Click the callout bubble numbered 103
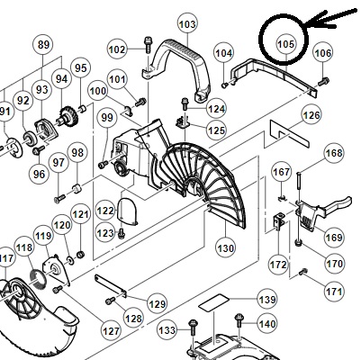coord(187,24)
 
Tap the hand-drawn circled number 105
coord(284,40)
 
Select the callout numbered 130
coord(225,248)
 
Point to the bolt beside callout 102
coord(149,45)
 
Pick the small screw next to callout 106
coord(323,81)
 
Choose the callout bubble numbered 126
coord(311,115)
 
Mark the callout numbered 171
coord(334,292)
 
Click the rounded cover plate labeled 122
coord(129,211)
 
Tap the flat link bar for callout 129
coord(111,286)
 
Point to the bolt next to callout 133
coord(193,328)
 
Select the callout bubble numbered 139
coord(267,300)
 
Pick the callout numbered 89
coord(43,45)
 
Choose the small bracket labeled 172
coord(279,221)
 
